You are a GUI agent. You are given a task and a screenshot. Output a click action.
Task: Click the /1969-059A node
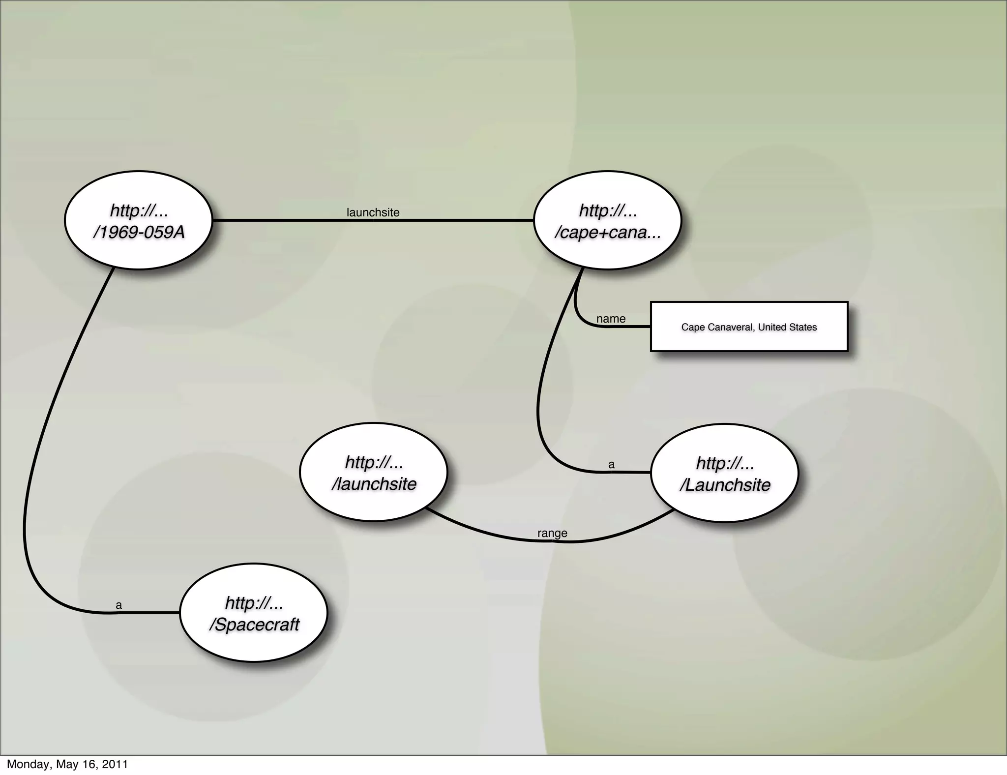138,220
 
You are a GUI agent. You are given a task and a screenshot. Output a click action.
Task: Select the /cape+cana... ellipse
607,220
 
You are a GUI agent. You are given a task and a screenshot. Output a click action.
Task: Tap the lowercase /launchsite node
374,472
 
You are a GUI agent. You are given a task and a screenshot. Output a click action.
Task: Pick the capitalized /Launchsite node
725,473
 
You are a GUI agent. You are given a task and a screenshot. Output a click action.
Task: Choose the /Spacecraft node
254,613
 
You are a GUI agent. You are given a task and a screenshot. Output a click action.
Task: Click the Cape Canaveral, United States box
749,327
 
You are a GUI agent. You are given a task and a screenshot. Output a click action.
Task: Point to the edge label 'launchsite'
373,212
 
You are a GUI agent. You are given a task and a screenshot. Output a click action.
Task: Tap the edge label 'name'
611,319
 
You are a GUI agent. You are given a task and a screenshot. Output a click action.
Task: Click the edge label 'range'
552,533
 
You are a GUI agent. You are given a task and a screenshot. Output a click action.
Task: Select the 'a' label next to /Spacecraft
118,605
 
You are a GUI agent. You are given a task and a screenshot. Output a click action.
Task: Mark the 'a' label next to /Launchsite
611,464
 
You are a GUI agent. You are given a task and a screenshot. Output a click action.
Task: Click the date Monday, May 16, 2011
67,764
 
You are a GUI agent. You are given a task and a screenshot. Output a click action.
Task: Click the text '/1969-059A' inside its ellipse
139,232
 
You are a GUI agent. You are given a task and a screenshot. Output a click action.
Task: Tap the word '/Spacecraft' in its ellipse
254,625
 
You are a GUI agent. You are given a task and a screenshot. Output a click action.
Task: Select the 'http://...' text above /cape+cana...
608,210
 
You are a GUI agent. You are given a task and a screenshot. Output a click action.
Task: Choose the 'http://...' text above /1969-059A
139,210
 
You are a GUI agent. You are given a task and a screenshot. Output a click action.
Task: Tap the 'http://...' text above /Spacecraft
254,602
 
